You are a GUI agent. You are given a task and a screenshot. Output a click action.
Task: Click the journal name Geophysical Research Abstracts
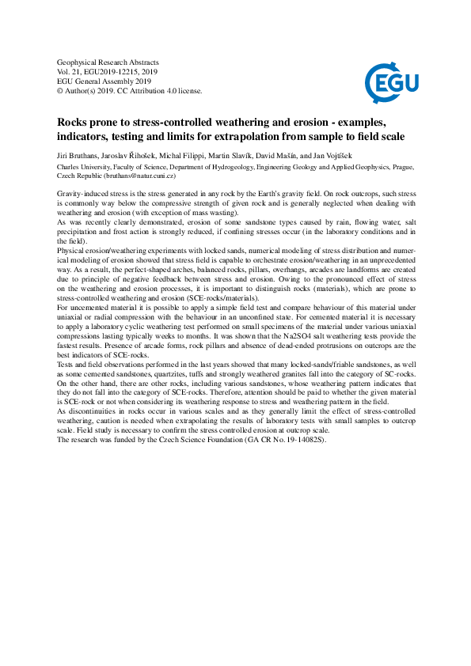(108, 62)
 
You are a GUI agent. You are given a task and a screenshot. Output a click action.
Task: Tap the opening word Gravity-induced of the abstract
(84, 194)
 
